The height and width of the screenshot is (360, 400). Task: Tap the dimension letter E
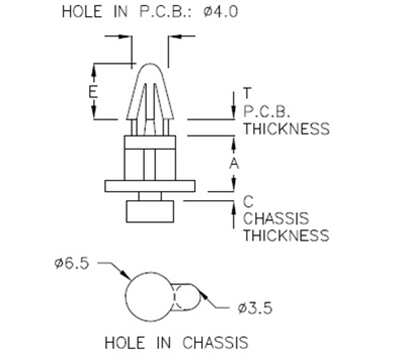click(93, 92)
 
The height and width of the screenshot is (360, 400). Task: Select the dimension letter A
click(234, 161)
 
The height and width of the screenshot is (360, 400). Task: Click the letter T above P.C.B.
click(246, 94)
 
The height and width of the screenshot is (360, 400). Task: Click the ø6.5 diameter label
click(73, 263)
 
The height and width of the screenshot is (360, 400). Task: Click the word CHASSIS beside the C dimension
click(275, 219)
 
